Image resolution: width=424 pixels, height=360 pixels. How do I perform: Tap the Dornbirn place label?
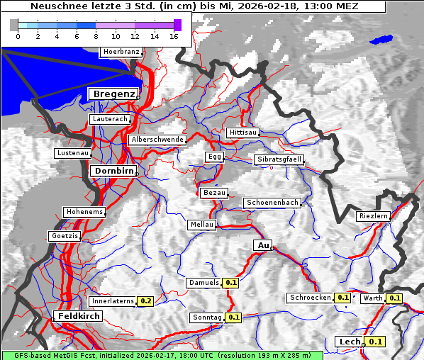(x=113, y=171)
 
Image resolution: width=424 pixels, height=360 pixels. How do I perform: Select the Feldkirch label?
(x=79, y=315)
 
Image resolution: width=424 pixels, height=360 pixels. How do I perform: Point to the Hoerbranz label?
(x=121, y=52)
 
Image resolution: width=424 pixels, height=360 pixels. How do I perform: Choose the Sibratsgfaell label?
(x=279, y=159)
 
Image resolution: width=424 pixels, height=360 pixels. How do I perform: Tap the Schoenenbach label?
(x=272, y=203)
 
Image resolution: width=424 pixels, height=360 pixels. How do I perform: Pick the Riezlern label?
(x=374, y=215)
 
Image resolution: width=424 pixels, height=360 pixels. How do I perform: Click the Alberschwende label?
(x=157, y=140)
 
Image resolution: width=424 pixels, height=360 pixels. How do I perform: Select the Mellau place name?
(x=201, y=225)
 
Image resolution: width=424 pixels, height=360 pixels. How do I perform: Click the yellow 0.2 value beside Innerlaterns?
(x=145, y=301)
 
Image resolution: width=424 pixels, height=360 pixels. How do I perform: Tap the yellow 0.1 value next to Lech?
(x=376, y=342)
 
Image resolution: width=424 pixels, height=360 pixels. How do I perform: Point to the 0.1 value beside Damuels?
(x=230, y=283)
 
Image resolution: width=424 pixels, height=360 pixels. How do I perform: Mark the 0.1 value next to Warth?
(x=394, y=298)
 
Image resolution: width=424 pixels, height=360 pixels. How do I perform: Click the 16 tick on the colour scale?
(x=174, y=36)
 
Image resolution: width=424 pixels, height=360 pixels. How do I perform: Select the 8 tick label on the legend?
(x=96, y=36)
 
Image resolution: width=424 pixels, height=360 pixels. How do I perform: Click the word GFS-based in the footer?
(x=23, y=355)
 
